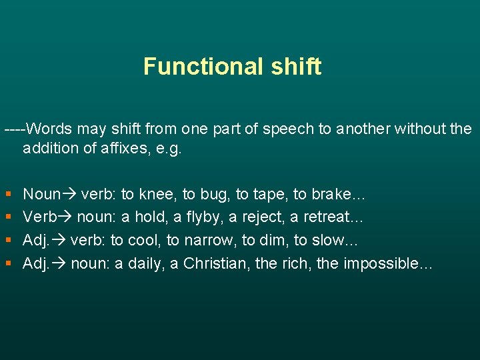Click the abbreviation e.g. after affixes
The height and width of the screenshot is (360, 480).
167,148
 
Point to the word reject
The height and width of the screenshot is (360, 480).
250,218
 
